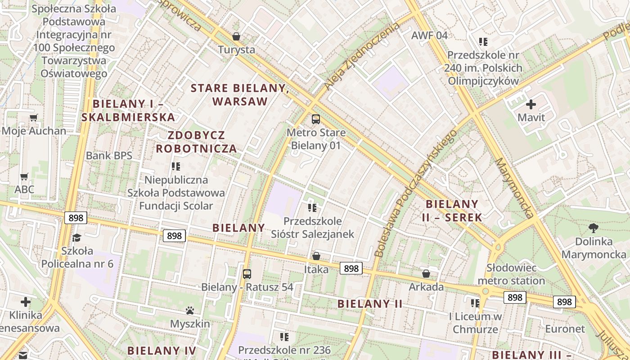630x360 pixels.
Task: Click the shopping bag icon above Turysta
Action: click(236, 36)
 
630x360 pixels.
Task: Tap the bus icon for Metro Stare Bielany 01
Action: click(316, 119)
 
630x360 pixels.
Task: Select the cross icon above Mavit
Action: click(531, 104)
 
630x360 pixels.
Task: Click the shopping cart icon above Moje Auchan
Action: click(33, 118)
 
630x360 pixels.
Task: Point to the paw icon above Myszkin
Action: click(190, 310)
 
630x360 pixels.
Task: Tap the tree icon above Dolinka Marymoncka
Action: click(594, 228)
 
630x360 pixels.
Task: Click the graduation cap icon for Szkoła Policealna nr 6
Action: click(77, 237)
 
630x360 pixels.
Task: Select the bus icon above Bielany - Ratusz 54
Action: click(247, 274)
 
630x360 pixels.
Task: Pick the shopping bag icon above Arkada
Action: click(426, 274)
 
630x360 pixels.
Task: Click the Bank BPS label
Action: click(109, 156)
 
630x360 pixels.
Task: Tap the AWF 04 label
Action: click(430, 35)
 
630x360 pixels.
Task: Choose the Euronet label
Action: click(565, 329)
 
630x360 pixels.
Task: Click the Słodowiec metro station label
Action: click(511, 274)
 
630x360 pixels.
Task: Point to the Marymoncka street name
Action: click(514, 188)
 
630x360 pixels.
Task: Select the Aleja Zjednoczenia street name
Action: click(362, 56)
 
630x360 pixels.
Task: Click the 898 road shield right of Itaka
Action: click(351, 269)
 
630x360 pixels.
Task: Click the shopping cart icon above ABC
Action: click(24, 176)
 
